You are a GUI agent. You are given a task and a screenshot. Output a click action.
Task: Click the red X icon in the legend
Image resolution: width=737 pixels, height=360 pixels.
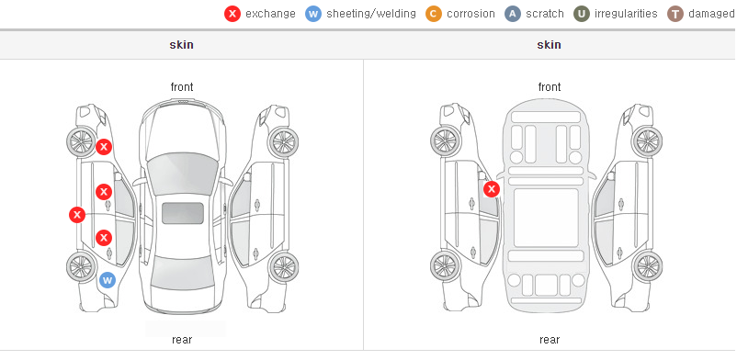point(232,14)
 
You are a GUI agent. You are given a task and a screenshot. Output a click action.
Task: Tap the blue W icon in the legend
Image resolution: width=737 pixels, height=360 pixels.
point(313,14)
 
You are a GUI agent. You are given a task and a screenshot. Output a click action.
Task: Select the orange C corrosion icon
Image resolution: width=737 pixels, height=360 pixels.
point(434,14)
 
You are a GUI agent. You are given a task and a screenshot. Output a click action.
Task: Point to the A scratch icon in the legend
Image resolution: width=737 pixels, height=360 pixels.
point(513,14)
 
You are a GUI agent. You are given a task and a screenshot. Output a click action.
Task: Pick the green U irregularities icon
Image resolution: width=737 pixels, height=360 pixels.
point(582,14)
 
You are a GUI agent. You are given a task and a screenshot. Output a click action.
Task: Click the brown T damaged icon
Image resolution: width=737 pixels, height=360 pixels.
point(675,14)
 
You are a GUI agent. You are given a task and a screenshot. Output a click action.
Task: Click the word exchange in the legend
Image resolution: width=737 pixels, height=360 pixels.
point(270,14)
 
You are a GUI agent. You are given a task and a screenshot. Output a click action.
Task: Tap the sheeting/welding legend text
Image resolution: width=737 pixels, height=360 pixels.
point(371,14)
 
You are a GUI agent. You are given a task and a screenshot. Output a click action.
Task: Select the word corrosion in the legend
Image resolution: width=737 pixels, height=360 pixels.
point(471,14)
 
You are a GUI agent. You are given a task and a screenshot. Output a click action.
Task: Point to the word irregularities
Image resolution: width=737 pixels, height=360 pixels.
point(626,14)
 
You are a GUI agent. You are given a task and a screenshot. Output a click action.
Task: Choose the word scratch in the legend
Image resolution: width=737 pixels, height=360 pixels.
point(545,14)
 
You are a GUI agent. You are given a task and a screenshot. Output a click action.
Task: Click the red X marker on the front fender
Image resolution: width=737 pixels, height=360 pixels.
point(104,147)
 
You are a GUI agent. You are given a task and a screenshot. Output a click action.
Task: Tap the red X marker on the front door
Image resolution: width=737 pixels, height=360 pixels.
point(104,192)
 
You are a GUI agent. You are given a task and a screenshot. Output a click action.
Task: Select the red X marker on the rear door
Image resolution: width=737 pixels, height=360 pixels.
point(104,238)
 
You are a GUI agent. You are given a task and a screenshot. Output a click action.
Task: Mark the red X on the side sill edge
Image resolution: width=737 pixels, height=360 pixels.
point(77,215)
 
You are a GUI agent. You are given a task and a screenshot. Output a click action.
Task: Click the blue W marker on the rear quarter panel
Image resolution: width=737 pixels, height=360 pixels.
point(108,281)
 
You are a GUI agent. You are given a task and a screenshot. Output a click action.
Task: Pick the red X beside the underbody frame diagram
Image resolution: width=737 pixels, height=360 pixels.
point(492,189)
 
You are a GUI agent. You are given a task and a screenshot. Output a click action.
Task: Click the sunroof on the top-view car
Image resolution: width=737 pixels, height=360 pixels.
point(183,213)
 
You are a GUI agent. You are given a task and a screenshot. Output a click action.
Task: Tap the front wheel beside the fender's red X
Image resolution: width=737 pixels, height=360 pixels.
point(81,141)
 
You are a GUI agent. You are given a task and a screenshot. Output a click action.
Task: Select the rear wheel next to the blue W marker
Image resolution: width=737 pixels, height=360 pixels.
point(81,267)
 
